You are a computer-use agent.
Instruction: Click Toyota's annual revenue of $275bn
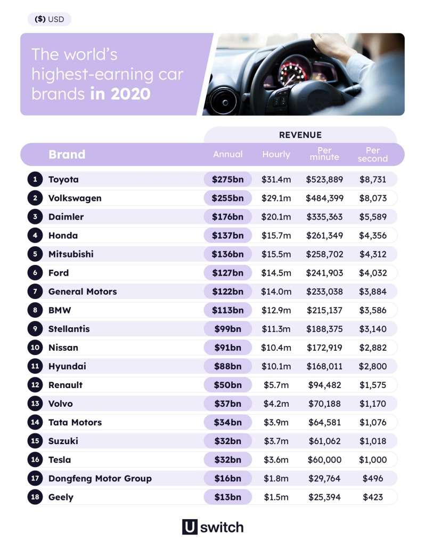point(227,180)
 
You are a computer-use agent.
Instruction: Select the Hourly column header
point(276,154)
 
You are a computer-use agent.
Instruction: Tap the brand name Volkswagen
point(75,198)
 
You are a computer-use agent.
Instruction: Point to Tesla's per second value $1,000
point(373,460)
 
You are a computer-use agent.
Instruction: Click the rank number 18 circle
point(35,497)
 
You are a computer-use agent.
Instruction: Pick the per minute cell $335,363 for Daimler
point(324,217)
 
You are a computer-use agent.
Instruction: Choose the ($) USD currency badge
point(49,19)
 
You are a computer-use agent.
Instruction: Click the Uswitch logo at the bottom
point(213,527)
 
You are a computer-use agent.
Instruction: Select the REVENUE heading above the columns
point(300,135)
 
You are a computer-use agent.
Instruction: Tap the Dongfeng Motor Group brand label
point(100,478)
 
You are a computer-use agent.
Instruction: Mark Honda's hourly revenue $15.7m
point(276,236)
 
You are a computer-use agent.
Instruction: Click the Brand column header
point(67,155)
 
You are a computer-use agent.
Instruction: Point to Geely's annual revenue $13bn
point(227,497)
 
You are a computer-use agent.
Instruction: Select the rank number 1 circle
point(35,180)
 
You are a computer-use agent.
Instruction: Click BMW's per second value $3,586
point(373,310)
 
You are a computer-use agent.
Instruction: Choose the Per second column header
point(373,154)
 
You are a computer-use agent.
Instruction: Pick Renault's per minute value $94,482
point(324,385)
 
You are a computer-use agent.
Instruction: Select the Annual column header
point(227,154)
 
